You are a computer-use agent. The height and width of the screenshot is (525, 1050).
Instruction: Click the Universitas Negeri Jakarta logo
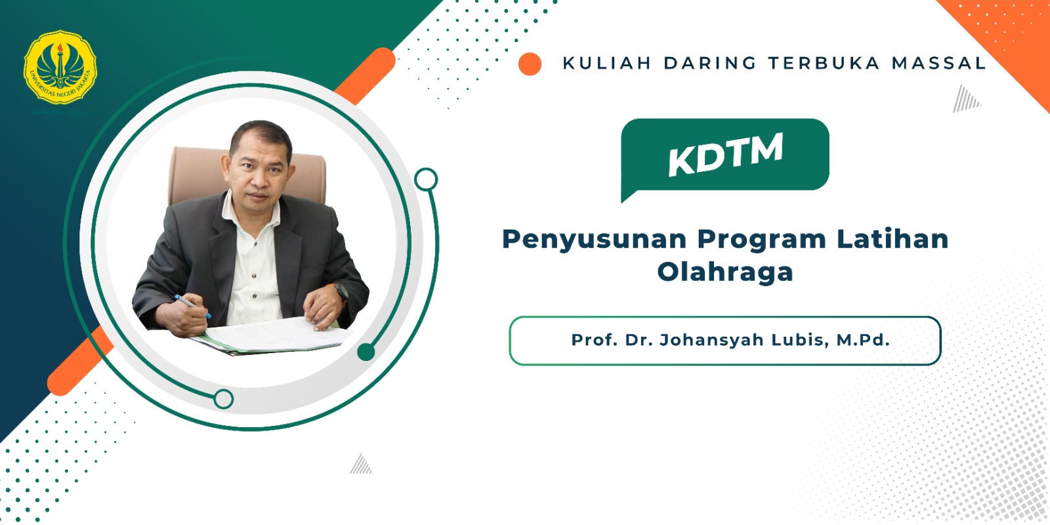(60, 68)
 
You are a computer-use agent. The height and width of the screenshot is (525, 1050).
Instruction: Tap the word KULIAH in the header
(606, 63)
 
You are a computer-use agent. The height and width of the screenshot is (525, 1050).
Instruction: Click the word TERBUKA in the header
(824, 63)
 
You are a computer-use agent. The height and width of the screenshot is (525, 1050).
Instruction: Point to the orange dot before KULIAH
(530, 64)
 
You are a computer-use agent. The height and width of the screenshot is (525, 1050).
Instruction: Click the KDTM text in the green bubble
(725, 154)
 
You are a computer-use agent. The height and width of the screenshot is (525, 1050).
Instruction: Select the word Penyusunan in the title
(594, 240)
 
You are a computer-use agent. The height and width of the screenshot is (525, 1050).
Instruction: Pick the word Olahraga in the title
(725, 272)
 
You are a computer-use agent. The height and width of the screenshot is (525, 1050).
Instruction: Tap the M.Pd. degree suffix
(862, 340)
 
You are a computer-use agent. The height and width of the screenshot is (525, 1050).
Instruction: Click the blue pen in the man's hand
(191, 305)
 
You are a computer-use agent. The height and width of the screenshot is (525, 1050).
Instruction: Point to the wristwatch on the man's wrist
(341, 291)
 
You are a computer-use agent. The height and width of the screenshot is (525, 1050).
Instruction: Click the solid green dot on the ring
(366, 352)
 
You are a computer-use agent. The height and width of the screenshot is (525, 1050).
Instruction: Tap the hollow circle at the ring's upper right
(426, 179)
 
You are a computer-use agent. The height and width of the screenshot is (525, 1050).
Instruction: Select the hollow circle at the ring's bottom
(224, 398)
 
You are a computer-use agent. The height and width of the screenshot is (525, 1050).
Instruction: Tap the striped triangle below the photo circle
(361, 464)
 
